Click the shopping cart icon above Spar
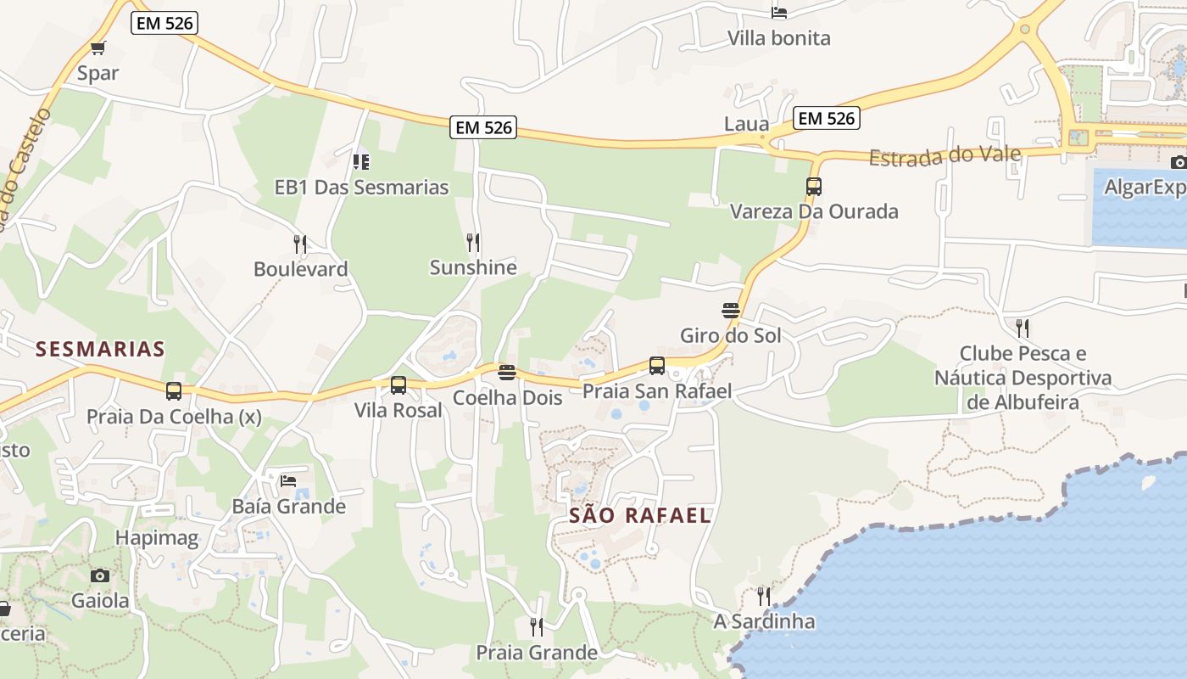(x=98, y=48)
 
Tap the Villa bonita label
(x=779, y=38)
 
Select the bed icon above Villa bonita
(x=779, y=12)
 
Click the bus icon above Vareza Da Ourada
(x=814, y=186)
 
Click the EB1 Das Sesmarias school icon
(x=361, y=161)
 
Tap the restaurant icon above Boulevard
(x=299, y=244)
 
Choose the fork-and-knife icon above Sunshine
(x=473, y=242)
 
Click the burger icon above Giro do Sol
(x=731, y=310)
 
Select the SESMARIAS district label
(x=100, y=349)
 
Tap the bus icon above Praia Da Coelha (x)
(x=174, y=391)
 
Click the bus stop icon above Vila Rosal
(x=398, y=385)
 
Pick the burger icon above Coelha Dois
(x=507, y=373)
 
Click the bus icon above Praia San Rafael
(x=657, y=366)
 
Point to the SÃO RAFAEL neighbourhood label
(x=639, y=515)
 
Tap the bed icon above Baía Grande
(x=288, y=481)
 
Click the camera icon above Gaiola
(x=100, y=575)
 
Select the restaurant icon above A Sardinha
(x=764, y=596)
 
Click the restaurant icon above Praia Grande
(x=537, y=627)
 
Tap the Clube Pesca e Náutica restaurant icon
(x=1023, y=328)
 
